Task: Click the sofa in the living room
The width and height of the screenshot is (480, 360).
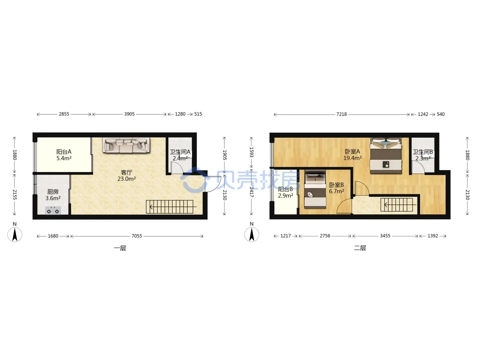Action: point(126,145)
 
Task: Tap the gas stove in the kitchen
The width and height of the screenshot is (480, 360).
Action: point(53,211)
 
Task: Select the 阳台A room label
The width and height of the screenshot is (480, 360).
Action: point(64,151)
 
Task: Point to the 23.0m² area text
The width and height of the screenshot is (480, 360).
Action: point(126,179)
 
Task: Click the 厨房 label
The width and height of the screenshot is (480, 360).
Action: point(53,192)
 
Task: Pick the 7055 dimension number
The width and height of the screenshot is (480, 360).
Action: point(137,236)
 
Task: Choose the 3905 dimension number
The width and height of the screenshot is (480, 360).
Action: point(129,114)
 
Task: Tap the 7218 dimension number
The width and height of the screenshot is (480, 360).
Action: point(342,114)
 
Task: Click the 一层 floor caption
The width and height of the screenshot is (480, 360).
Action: point(120,248)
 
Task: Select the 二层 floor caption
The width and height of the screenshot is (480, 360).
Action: point(360,248)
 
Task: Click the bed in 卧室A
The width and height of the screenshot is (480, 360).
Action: point(386,156)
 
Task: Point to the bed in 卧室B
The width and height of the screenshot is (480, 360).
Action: point(315,190)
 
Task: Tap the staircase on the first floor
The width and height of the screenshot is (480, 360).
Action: point(170,207)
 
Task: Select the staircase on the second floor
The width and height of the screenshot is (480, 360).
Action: point(396,205)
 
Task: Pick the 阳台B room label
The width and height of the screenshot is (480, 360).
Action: point(285,189)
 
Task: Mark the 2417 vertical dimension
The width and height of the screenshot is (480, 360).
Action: point(251,192)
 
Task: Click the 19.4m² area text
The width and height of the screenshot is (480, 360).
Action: point(352,158)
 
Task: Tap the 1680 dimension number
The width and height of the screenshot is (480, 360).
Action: point(53,236)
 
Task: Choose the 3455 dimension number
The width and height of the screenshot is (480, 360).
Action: point(385,236)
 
